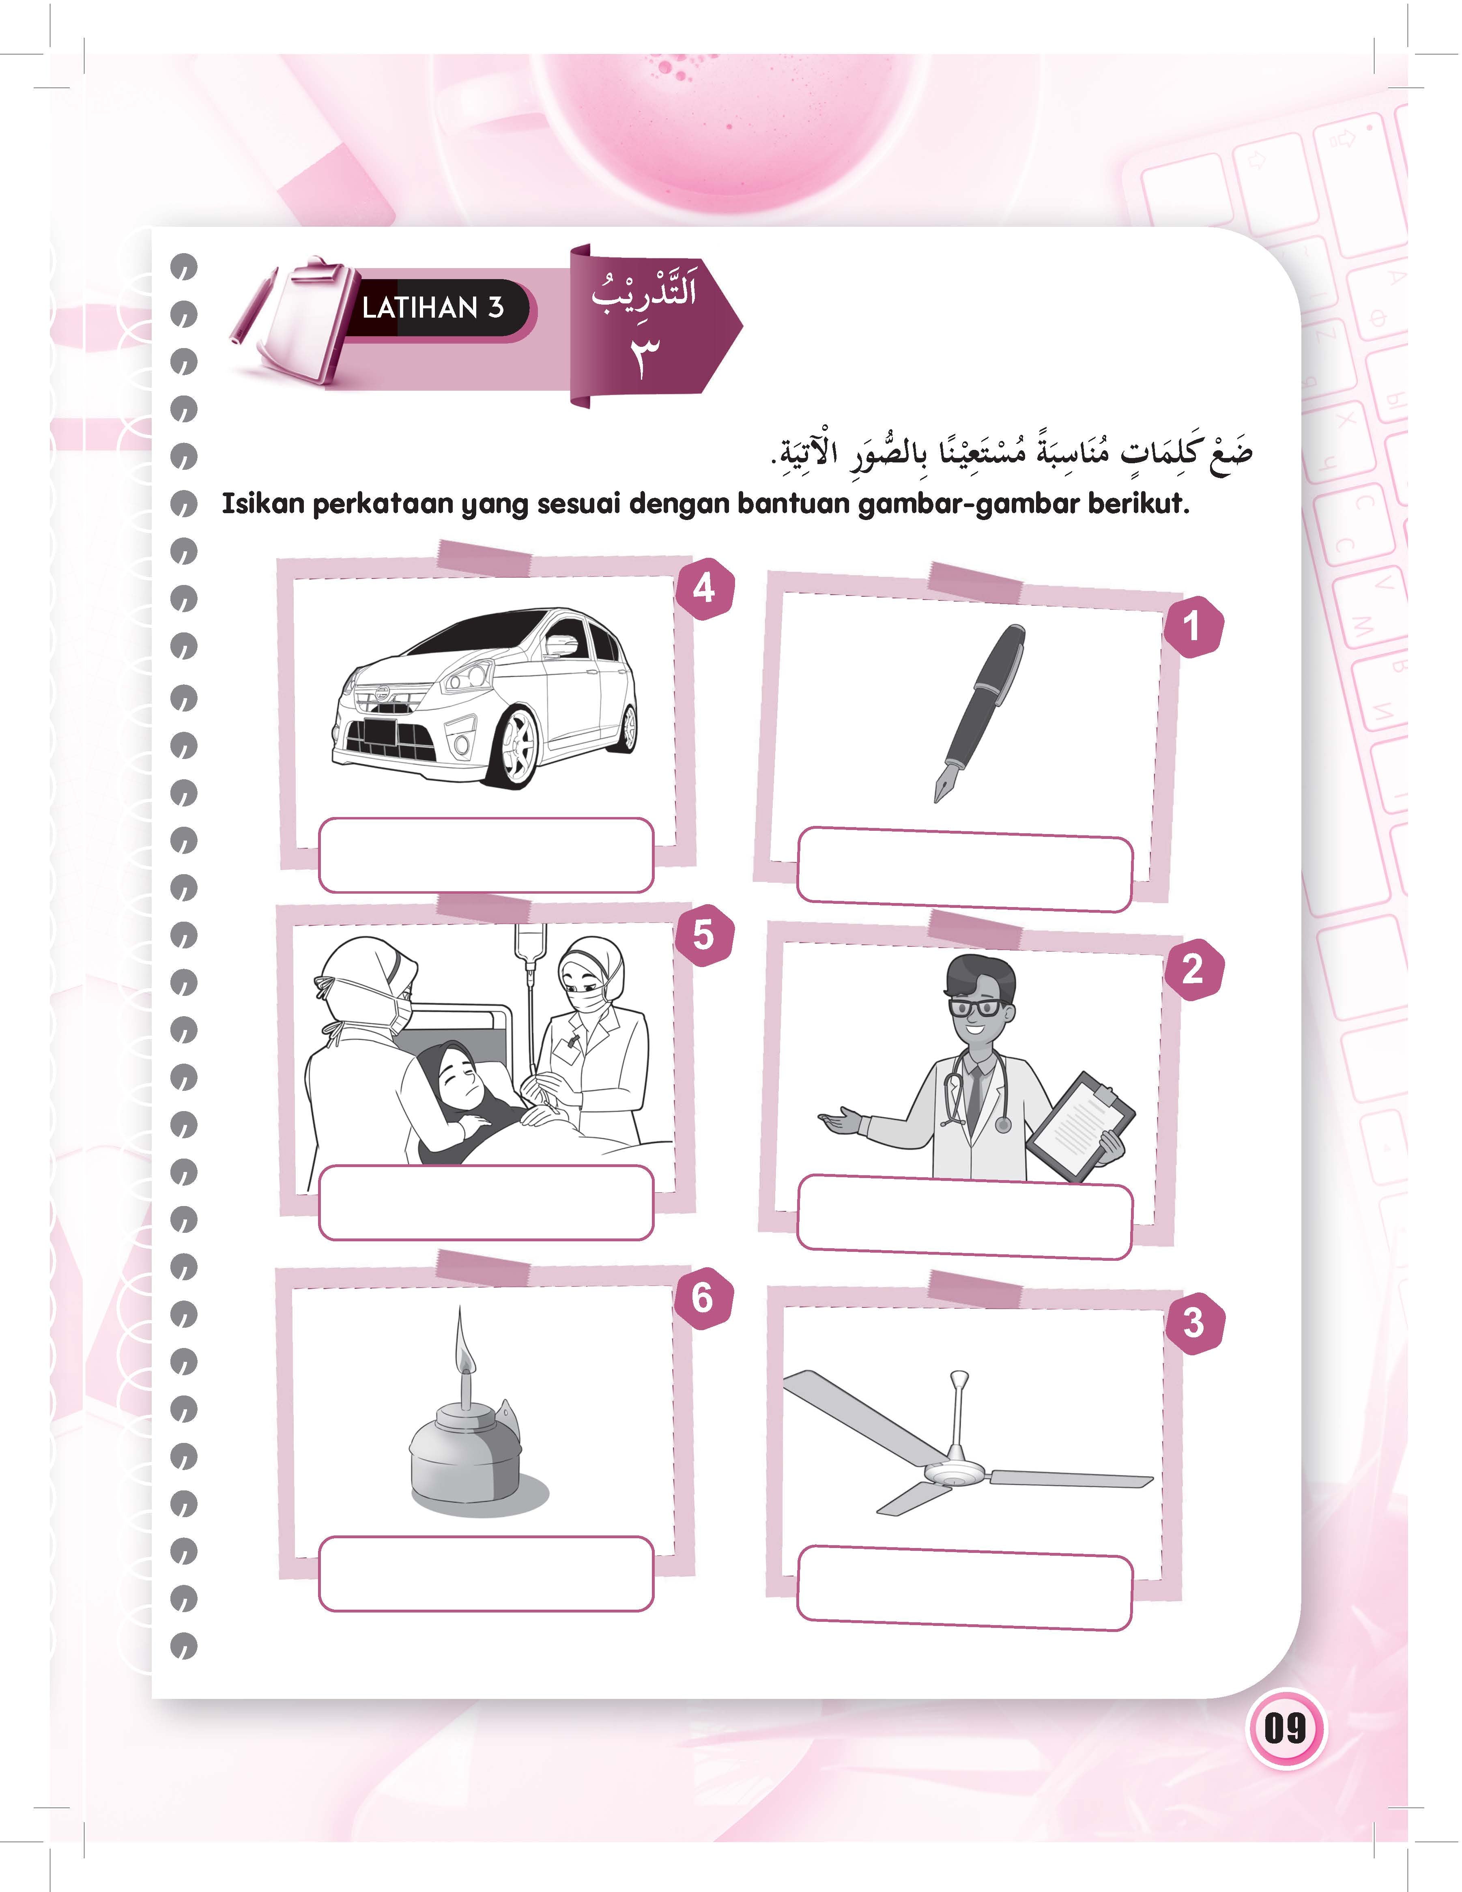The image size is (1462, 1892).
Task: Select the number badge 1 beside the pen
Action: (x=1193, y=626)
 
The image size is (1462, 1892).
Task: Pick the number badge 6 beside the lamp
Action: (x=703, y=1298)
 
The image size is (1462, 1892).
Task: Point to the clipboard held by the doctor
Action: (x=1081, y=1126)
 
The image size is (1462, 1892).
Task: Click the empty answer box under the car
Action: (x=486, y=855)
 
